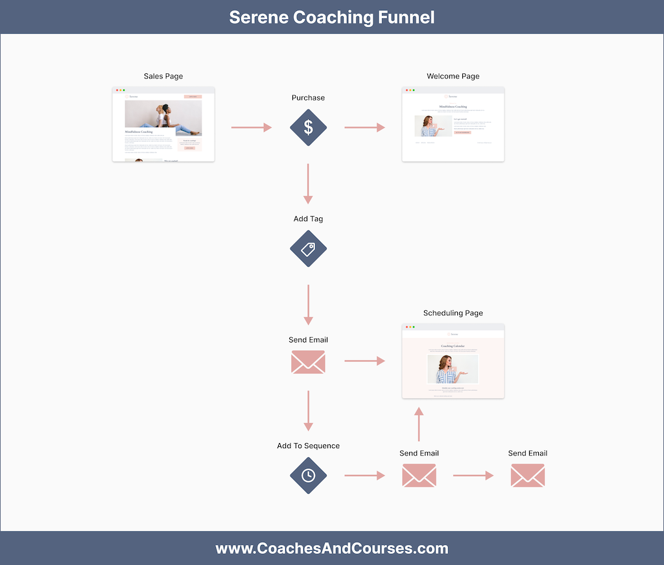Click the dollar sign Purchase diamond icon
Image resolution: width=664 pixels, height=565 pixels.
tap(308, 128)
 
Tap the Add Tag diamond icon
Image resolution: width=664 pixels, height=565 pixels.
tap(308, 249)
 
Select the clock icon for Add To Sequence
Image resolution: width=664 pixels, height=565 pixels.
tap(308, 475)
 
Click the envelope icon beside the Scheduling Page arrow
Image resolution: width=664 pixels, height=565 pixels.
tap(308, 362)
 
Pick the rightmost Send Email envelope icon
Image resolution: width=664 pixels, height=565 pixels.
tap(527, 475)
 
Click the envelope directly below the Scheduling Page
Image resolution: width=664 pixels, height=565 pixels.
tap(419, 475)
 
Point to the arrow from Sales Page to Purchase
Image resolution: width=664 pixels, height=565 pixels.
tap(252, 128)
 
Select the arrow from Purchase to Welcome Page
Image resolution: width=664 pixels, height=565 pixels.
tap(364, 128)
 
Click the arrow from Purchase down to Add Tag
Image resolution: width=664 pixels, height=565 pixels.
tap(308, 184)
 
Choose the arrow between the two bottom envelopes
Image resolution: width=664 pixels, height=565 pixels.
tap(473, 475)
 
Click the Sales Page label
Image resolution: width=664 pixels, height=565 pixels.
tap(163, 76)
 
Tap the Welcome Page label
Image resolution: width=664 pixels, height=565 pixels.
tap(453, 76)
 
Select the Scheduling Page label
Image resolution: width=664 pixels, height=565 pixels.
tap(453, 313)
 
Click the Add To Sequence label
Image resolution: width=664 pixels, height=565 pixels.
tap(308, 446)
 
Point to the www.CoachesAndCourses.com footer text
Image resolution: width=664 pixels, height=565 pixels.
tap(332, 548)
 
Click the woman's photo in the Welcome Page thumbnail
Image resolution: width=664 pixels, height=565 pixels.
tap(433, 126)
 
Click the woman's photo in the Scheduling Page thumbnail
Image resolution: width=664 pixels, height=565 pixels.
tap(453, 368)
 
